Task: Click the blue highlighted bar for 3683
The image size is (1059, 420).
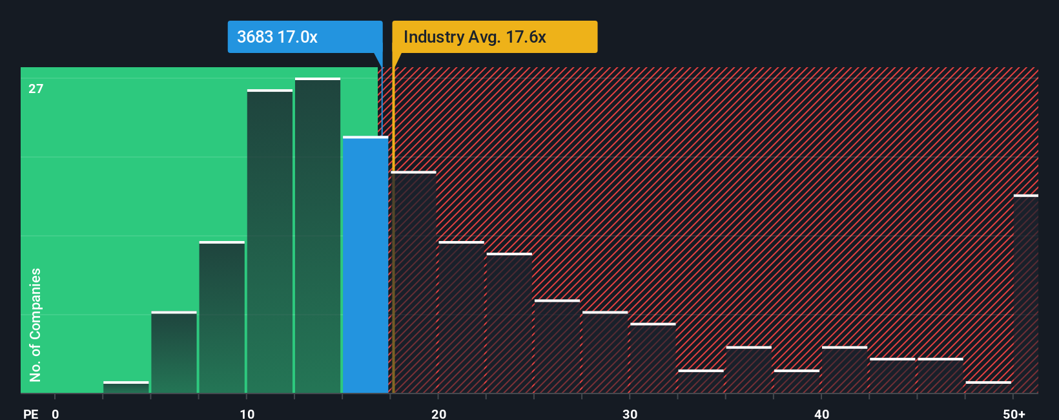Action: [365, 265]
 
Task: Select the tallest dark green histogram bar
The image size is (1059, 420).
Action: [318, 236]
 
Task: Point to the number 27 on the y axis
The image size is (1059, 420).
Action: [36, 89]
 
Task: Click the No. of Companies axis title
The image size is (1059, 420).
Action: [36, 324]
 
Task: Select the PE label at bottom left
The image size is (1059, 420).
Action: [30, 414]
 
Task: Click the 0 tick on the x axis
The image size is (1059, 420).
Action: [56, 414]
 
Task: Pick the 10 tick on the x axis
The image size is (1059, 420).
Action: [247, 414]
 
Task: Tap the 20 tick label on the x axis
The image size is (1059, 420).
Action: [438, 414]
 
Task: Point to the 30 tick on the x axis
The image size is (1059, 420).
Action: [630, 414]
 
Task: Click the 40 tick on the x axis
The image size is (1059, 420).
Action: [821, 414]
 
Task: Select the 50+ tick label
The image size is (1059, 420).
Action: [1014, 414]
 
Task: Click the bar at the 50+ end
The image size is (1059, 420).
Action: [1025, 294]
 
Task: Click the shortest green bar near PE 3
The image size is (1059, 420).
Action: [126, 387]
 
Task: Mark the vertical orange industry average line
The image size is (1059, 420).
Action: [393, 226]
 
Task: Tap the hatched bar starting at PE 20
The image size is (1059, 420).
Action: [461, 317]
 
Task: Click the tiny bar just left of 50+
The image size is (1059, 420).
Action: [988, 387]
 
